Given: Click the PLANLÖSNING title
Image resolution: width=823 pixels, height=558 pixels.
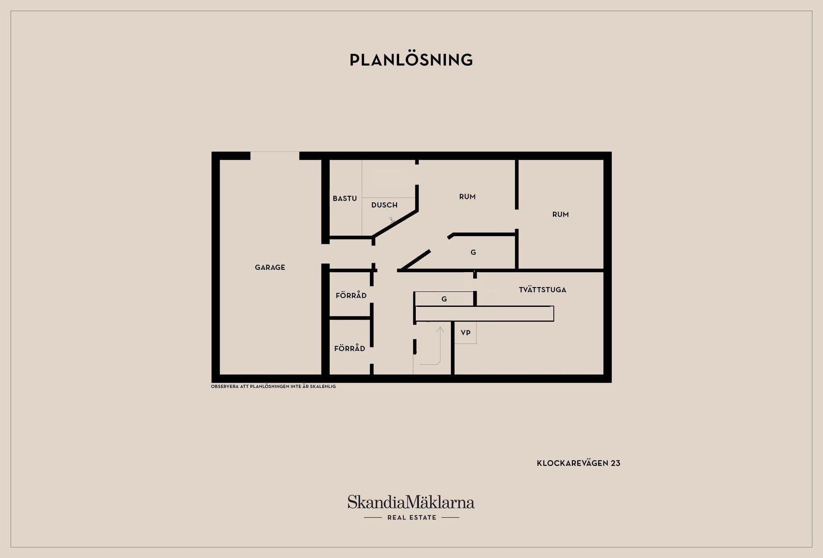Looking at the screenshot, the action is pyautogui.click(x=411, y=60).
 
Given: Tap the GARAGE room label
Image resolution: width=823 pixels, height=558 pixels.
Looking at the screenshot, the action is pyautogui.click(x=270, y=267).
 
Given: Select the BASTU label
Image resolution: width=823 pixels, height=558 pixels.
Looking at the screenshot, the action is pyautogui.click(x=345, y=198).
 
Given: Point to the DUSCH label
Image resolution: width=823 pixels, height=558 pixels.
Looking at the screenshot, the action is pyautogui.click(x=384, y=205).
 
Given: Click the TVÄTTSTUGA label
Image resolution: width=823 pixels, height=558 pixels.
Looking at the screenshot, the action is pyautogui.click(x=543, y=290).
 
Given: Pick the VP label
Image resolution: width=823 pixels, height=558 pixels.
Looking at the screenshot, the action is pyautogui.click(x=466, y=333).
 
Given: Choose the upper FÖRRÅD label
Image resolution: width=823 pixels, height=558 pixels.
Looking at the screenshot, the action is pyautogui.click(x=351, y=295).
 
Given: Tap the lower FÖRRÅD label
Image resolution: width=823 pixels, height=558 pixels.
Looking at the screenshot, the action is pyautogui.click(x=350, y=348).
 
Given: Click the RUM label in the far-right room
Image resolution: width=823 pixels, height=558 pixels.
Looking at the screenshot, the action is pyautogui.click(x=561, y=214).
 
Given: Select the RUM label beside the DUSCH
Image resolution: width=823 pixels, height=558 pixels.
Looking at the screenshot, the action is pyautogui.click(x=467, y=197).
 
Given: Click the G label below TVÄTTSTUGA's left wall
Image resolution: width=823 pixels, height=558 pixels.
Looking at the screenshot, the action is pyautogui.click(x=444, y=299).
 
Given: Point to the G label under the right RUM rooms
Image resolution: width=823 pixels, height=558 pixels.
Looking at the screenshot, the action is pyautogui.click(x=473, y=252).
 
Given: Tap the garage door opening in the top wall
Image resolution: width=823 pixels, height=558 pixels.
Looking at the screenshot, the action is pyautogui.click(x=275, y=156).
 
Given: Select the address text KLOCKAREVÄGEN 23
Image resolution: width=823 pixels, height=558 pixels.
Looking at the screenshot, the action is pyautogui.click(x=579, y=463).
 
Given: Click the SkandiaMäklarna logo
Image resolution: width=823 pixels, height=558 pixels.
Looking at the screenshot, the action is pyautogui.click(x=411, y=502).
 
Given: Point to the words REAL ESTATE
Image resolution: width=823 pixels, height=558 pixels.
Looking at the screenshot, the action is pyautogui.click(x=411, y=518).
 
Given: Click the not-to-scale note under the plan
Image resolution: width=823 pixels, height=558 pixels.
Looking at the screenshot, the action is pyautogui.click(x=273, y=387).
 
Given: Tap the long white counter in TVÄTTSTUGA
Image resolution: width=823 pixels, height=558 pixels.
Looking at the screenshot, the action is pyautogui.click(x=485, y=314).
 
